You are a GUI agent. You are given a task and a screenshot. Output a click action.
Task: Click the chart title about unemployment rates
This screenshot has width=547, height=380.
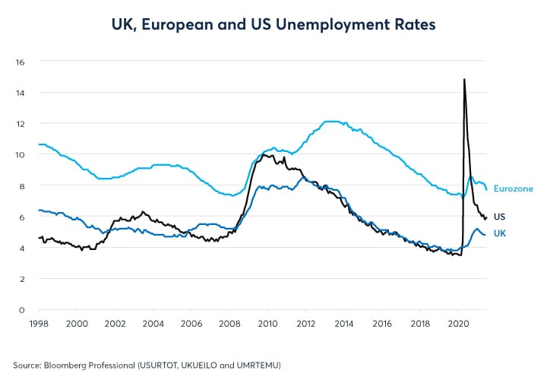click(x=273, y=25)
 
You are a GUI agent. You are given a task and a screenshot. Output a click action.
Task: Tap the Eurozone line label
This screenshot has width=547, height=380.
click(x=514, y=188)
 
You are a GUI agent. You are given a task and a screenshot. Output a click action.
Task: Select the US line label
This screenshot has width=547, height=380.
click(x=500, y=217)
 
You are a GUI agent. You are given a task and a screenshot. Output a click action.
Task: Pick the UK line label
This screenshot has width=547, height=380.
click(x=500, y=233)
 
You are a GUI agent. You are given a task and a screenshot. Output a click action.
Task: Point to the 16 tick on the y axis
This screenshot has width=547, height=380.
click(x=21, y=62)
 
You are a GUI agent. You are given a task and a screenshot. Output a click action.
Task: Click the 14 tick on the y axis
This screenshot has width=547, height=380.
click(x=21, y=93)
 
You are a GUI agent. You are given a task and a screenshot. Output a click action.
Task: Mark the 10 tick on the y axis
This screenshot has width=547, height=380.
click(x=21, y=154)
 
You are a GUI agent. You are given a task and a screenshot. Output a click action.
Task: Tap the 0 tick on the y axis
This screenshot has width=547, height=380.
click(x=23, y=310)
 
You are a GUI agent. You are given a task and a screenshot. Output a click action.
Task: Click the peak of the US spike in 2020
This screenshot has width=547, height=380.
click(x=464, y=79)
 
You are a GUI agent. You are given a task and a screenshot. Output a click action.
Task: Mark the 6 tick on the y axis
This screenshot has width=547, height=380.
click(x=23, y=217)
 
